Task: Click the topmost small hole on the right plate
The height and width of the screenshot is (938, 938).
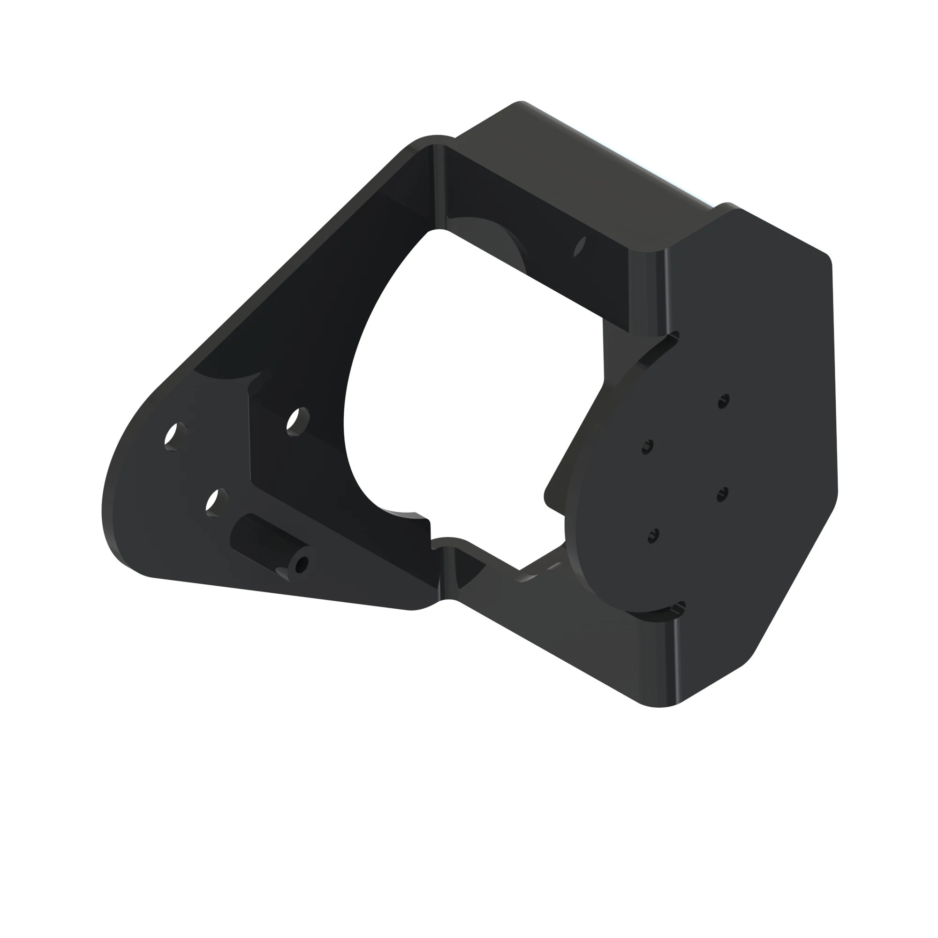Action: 723,401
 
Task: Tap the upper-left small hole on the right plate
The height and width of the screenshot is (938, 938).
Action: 648,446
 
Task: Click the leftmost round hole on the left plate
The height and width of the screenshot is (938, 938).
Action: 175,436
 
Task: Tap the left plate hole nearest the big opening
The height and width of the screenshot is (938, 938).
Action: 298,421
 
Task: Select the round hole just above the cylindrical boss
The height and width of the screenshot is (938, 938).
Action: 217,501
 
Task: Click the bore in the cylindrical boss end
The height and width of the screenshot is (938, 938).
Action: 301,565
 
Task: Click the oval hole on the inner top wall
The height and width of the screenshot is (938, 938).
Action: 580,246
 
